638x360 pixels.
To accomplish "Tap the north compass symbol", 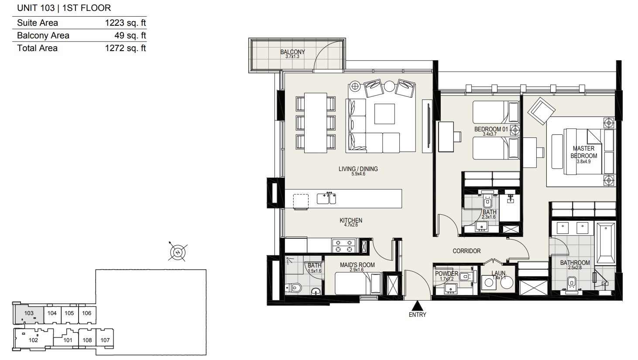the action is (x=178, y=252).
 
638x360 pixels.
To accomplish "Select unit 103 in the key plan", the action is (x=29, y=313).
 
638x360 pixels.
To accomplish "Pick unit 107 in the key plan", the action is (x=105, y=340).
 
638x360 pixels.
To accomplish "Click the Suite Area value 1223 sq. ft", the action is (x=125, y=23).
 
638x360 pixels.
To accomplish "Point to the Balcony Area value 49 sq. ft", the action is (x=130, y=36).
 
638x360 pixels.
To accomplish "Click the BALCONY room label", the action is (x=292, y=52).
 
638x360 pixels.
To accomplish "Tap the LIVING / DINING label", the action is (x=358, y=169).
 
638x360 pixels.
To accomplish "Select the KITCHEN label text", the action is (x=351, y=220).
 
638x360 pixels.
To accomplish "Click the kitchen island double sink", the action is (x=326, y=198).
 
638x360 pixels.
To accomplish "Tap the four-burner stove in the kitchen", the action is (x=344, y=246).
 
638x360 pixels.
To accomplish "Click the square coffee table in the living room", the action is (x=384, y=114).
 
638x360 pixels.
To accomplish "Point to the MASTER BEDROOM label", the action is (x=583, y=152).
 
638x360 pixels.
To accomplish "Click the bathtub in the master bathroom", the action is (x=605, y=244).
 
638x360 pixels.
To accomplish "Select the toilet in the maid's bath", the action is (x=293, y=288).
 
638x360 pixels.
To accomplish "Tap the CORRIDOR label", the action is (x=466, y=251).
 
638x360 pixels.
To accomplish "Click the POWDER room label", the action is (x=446, y=274).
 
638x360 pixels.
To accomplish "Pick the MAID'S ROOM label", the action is (x=357, y=265).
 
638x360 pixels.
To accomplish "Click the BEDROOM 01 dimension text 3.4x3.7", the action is (x=490, y=134).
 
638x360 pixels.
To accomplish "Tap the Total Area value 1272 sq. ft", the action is (x=125, y=48).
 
